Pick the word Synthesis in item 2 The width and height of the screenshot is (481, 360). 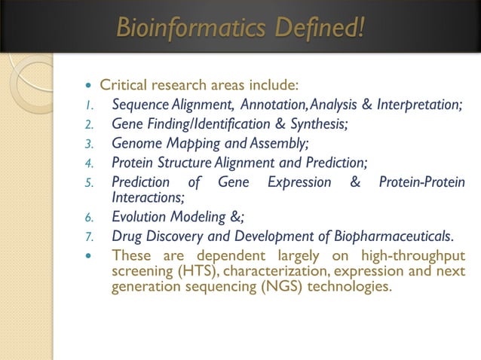coord(316,124)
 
